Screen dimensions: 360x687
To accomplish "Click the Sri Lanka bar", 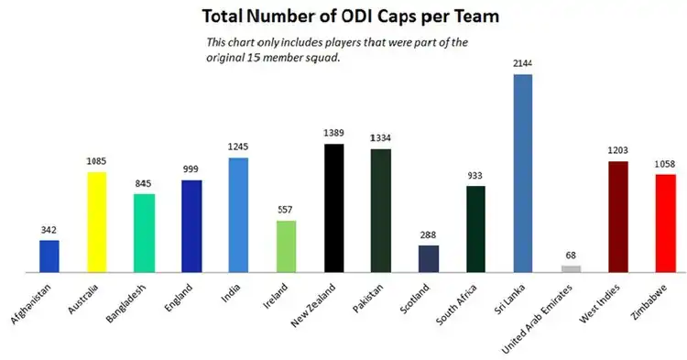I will (522, 173).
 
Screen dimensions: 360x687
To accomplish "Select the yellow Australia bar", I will (97, 222).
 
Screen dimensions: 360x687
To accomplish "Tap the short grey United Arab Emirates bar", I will (571, 268).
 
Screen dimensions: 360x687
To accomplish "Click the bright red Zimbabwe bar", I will (665, 223).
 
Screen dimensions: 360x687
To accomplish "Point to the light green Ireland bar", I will (286, 246).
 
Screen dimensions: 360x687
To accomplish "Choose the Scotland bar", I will (428, 258).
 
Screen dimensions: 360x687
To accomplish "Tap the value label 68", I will (571, 256).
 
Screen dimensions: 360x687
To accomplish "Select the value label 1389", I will (333, 134).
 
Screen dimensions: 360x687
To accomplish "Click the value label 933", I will (475, 176).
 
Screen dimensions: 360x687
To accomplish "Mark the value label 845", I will (144, 183).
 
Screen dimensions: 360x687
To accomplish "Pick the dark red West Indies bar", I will (617, 217).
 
